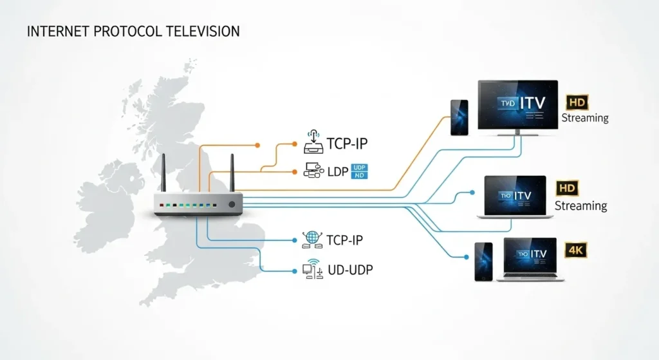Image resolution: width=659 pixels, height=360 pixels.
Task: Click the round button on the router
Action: coord(232,204)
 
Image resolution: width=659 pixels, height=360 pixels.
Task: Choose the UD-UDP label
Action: coord(350,270)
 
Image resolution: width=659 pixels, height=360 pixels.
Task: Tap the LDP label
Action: coord(334,171)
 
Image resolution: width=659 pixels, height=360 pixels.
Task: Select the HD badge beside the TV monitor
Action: coord(577,102)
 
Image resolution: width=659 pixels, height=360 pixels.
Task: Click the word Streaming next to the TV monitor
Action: coord(585,118)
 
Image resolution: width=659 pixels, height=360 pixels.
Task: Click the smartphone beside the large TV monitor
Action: coord(459,118)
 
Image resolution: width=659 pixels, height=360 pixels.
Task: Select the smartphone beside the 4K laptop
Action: coord(484,261)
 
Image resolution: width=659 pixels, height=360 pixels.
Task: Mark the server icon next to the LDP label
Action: coord(311,171)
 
